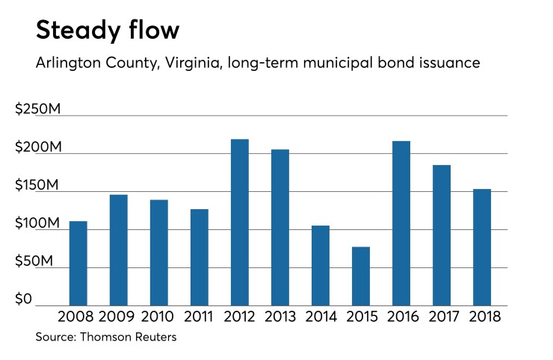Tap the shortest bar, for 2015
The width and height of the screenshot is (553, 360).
click(x=361, y=276)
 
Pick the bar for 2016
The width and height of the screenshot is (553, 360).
click(x=401, y=223)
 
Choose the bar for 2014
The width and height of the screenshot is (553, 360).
click(x=321, y=265)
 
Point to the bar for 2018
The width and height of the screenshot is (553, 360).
click(x=482, y=246)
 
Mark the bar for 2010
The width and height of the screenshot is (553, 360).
click(x=159, y=252)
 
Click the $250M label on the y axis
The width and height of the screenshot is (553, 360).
click(x=38, y=110)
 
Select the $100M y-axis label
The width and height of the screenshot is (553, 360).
click(x=38, y=224)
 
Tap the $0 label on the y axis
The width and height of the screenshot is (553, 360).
click(x=25, y=300)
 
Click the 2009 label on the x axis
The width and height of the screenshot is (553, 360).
click(x=119, y=317)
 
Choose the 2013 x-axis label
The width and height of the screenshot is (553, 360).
click(x=280, y=317)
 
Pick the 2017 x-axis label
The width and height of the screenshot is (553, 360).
click(x=442, y=317)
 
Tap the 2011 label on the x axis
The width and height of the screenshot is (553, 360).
click(x=200, y=317)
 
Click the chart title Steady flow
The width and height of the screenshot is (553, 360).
click(x=108, y=31)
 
